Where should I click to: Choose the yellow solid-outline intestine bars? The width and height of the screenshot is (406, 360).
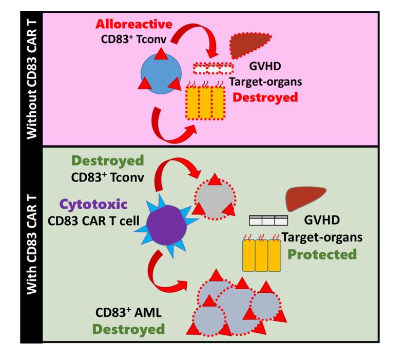[262, 255]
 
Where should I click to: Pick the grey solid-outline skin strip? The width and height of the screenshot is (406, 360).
[268, 220]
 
